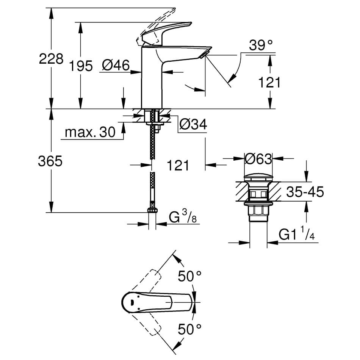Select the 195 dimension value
click(81, 66)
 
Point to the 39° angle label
click(261, 46)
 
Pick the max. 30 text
click(90, 132)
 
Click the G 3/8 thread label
click(182, 218)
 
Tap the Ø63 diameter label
click(258, 159)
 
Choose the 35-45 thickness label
click(305, 192)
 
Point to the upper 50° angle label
click(189, 276)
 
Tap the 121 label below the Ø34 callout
click(177, 165)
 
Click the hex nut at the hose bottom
click(152, 211)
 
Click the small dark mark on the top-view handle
click(132, 302)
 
